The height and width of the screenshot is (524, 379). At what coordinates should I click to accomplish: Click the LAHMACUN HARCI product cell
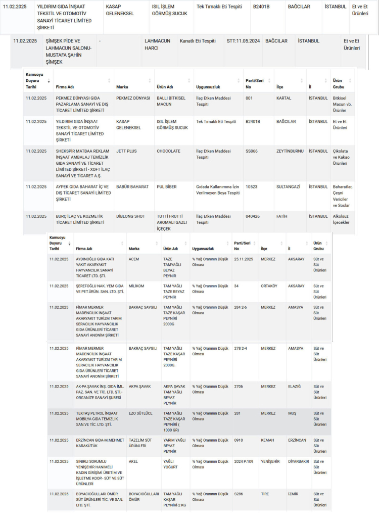157,44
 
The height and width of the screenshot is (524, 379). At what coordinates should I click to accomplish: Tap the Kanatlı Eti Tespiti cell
197,41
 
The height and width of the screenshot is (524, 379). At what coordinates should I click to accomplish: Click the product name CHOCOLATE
168,151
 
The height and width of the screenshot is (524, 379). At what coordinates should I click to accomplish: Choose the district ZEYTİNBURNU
291,151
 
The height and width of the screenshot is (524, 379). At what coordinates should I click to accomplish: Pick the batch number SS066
251,151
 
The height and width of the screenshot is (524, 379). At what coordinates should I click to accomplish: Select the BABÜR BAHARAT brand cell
132,187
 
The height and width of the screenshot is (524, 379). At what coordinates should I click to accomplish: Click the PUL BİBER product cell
167,187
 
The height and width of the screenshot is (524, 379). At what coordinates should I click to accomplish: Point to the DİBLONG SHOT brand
130,216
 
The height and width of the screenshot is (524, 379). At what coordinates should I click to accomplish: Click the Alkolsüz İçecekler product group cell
341,219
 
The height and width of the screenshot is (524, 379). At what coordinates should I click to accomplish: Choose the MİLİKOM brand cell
136,286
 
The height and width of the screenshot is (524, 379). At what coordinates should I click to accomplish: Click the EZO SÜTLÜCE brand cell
140,413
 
